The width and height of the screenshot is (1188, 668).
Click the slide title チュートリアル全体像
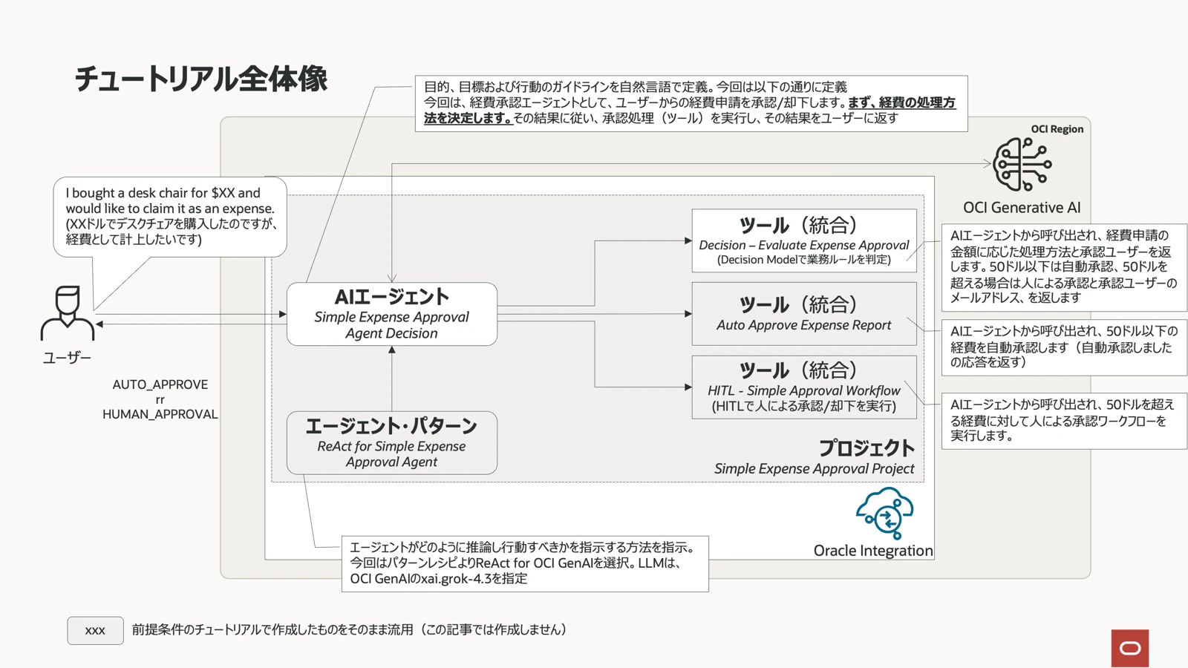201,79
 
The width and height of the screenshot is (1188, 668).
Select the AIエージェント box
392,314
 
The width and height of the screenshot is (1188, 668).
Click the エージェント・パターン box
392,442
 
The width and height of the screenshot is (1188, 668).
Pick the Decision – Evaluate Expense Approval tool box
804,240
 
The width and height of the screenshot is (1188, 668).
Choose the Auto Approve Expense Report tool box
804,314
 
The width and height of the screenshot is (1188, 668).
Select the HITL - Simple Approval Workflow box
804,387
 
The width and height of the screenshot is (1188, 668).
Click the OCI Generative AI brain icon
1022,164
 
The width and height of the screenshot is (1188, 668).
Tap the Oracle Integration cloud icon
884,513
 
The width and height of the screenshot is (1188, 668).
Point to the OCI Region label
1057,129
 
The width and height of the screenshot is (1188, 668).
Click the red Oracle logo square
1130,648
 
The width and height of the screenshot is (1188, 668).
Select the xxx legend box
96,630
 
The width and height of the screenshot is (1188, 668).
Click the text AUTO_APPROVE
160,384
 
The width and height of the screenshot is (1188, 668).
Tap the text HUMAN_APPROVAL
160,414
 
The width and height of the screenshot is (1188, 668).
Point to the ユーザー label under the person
67,358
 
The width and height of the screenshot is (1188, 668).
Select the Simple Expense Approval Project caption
814,468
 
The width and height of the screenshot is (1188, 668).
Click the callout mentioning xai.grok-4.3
525,563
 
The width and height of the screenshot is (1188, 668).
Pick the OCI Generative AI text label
1022,207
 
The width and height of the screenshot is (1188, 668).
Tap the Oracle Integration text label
873,551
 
